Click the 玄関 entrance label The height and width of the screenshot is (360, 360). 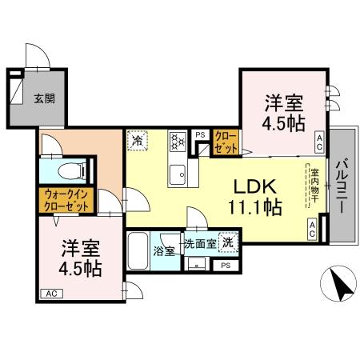pyautogui.click(x=44, y=99)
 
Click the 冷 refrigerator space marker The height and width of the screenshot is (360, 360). pyautogui.click(x=138, y=138)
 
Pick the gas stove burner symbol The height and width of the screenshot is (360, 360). pyautogui.click(x=177, y=142)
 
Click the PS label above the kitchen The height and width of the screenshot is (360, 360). pyautogui.click(x=200, y=134)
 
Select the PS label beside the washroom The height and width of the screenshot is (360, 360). pyautogui.click(x=226, y=265)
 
